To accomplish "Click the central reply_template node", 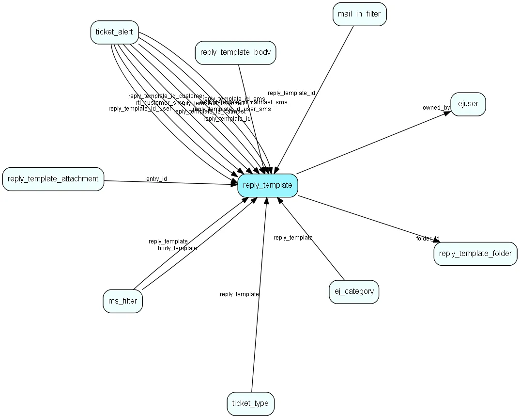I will click(x=268, y=185).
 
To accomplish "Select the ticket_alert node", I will click(x=115, y=32).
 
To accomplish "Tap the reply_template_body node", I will click(x=235, y=52).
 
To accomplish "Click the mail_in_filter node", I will click(x=359, y=14).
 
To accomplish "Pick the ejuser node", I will click(x=468, y=104).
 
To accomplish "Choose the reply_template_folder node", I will click(x=475, y=254).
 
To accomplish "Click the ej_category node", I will click(x=354, y=291).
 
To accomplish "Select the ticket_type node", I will click(x=250, y=403).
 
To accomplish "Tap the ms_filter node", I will click(x=122, y=301).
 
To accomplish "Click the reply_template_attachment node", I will click(x=53, y=179).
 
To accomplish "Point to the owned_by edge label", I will click(x=436, y=108).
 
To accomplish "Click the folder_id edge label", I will click(x=428, y=239).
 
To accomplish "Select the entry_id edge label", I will click(x=156, y=179).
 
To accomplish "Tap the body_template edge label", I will click(x=177, y=248).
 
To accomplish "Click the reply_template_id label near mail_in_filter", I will click(x=291, y=93).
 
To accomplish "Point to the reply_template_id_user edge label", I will click(x=139, y=109).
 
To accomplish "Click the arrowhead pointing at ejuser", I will click(x=447, y=112).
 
